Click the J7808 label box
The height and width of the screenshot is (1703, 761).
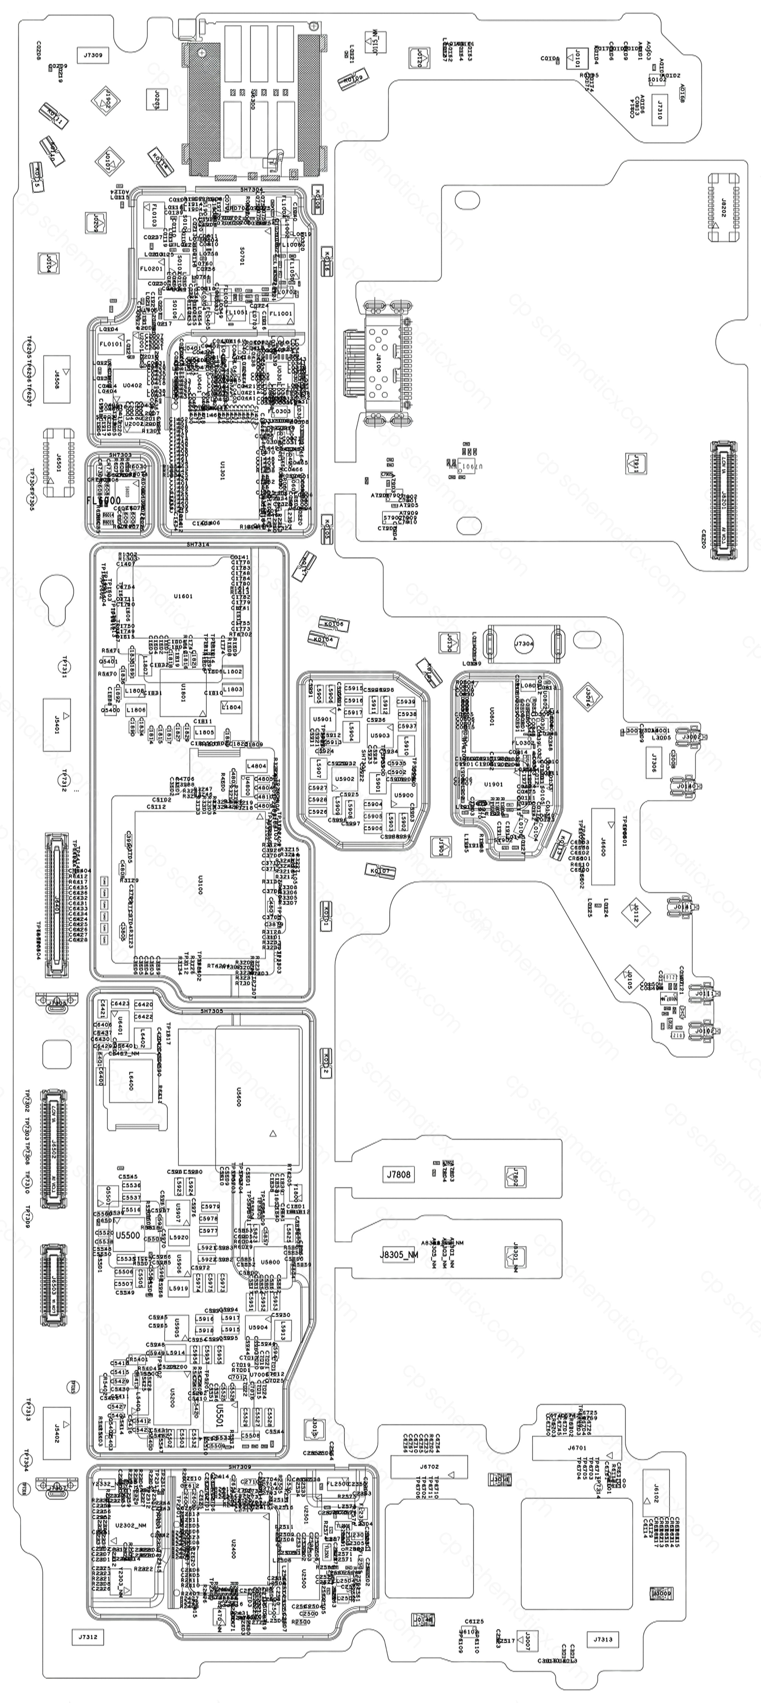coord(399,1174)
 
